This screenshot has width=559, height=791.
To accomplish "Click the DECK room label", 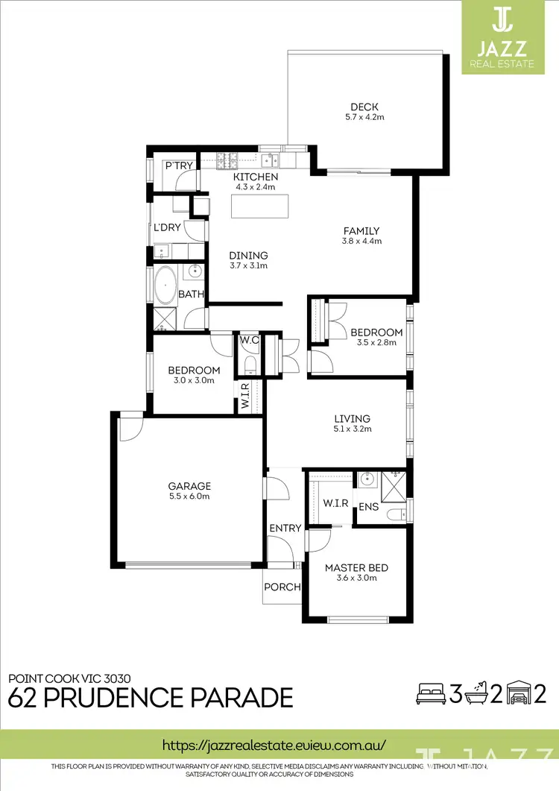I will (365, 106).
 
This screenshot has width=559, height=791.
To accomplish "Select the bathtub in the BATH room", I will (165, 286).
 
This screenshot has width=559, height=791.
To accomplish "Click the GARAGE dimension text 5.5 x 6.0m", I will (189, 497).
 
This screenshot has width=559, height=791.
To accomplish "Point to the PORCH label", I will (282, 587).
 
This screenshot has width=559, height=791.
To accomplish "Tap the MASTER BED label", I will (356, 567).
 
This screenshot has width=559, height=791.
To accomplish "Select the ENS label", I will (368, 507).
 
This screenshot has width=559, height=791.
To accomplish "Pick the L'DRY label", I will (167, 227).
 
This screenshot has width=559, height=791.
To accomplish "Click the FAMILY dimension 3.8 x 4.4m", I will (361, 241).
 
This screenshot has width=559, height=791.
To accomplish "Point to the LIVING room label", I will (352, 418).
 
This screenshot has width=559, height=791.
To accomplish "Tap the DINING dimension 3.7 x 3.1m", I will (248, 265).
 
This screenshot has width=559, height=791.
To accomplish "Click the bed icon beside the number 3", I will (430, 695).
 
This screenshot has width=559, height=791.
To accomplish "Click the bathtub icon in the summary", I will (476, 694).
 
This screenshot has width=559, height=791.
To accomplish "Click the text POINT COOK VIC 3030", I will (69, 678).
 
